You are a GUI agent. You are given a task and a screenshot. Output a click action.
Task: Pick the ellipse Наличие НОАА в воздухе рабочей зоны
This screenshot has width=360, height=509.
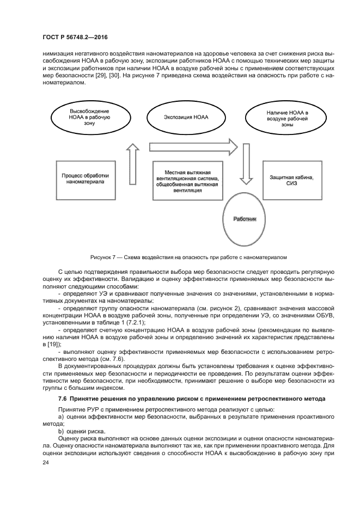click(x=287, y=117)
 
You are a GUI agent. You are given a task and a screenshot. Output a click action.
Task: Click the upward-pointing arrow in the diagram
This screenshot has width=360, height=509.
click(x=132, y=164)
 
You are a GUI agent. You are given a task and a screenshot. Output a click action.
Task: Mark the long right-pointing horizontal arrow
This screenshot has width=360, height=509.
click(x=193, y=146)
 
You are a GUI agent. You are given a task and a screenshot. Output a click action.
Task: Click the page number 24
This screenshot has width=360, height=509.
click(x=46, y=462)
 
